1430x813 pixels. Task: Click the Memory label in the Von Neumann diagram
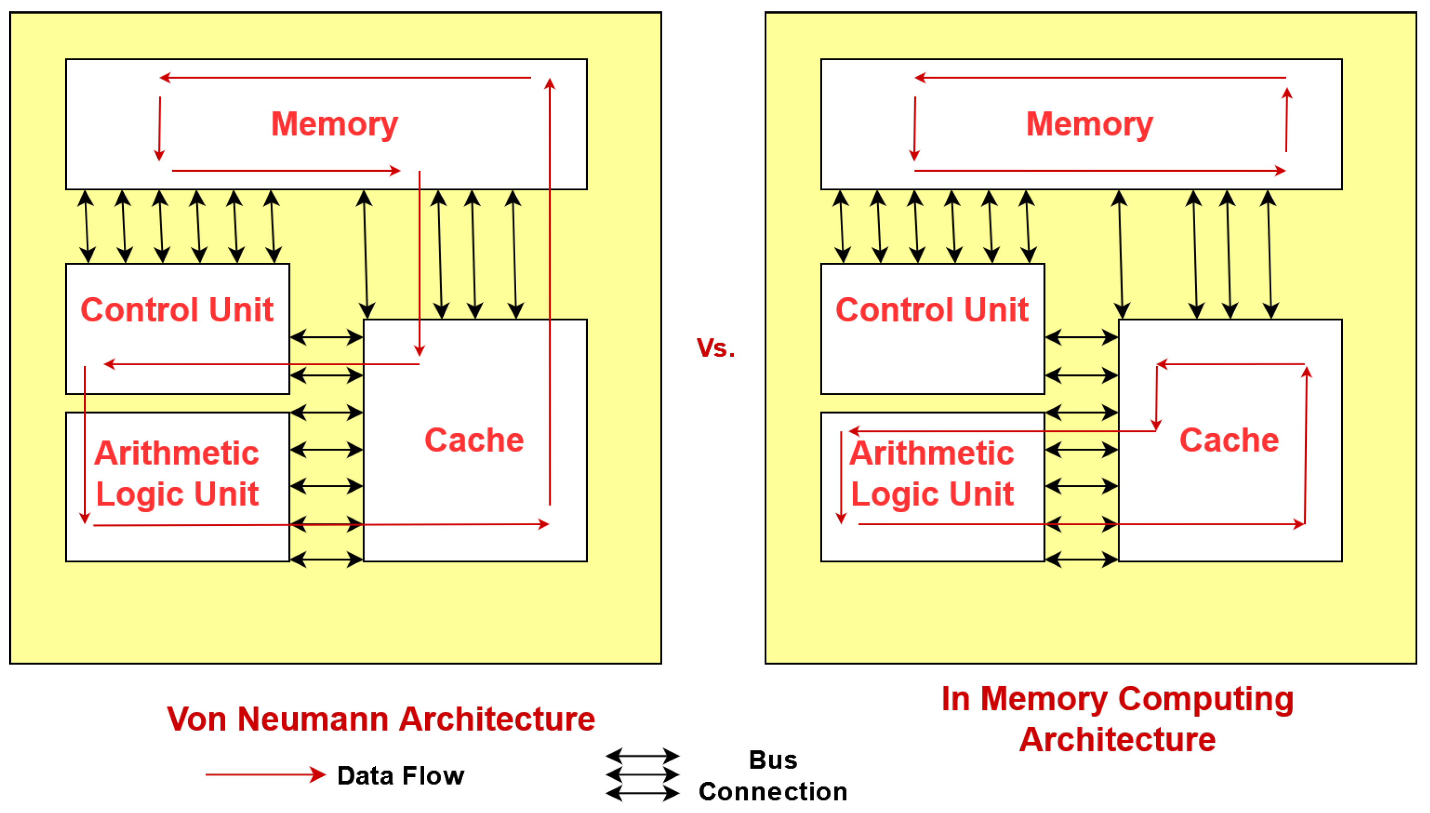[334, 124]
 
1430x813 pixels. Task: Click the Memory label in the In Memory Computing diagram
[1089, 124]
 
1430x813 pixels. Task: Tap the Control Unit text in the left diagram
[177, 310]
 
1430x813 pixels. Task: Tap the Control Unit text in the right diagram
[931, 310]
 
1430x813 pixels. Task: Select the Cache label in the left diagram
[474, 440]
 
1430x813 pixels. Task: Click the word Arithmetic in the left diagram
[176, 453]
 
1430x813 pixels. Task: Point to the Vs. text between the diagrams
[715, 348]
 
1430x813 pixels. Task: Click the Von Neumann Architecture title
[381, 719]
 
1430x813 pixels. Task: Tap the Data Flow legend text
[400, 775]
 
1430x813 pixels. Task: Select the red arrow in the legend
[265, 774]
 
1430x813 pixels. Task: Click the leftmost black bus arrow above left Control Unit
[86, 226]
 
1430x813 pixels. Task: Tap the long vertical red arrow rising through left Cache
[549, 290]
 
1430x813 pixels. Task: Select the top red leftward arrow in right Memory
[1100, 77]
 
